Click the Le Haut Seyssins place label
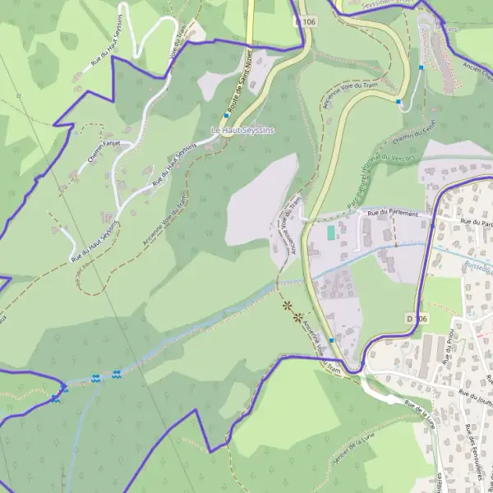pos(242,130)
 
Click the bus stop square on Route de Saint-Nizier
pos(227,116)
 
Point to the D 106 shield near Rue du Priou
pos(417,318)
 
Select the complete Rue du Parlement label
pos(399,214)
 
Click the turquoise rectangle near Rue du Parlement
pos(331,233)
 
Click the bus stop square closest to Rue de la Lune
pos(331,340)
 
